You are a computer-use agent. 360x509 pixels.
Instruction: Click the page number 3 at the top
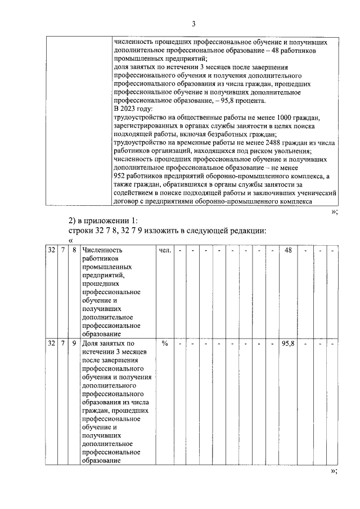pyautogui.click(x=193, y=24)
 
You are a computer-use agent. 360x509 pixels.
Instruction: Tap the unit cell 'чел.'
pyautogui.click(x=165, y=250)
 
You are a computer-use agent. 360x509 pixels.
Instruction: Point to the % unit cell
pyautogui.click(x=165, y=344)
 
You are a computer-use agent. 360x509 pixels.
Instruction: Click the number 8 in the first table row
pyautogui.click(x=74, y=250)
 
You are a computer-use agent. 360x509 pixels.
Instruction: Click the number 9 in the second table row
pyautogui.click(x=74, y=344)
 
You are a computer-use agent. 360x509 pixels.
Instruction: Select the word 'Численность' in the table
pyautogui.click(x=102, y=250)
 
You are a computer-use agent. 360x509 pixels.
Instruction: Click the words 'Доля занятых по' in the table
pyautogui.click(x=108, y=344)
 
